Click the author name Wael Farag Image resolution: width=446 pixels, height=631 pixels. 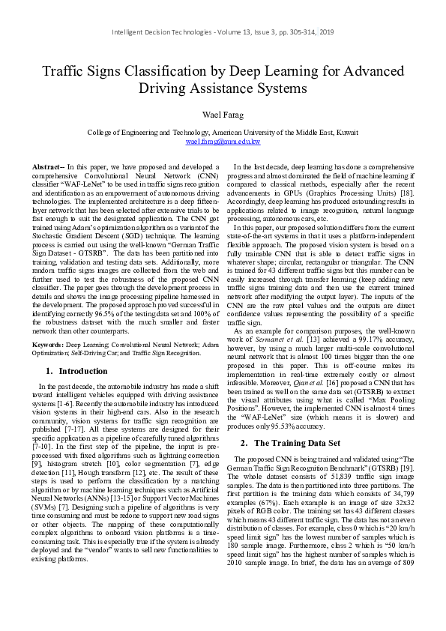(x=223, y=113)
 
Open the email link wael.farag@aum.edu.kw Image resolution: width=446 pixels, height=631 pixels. (x=223, y=141)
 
